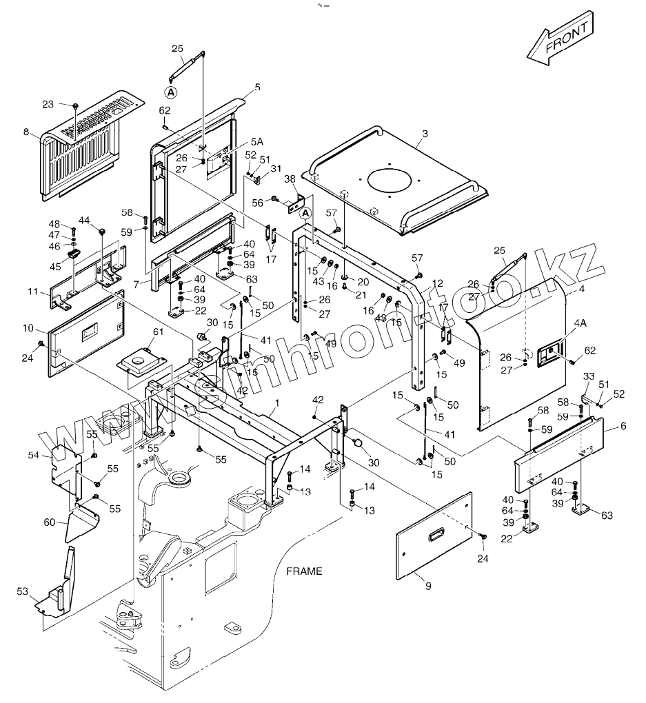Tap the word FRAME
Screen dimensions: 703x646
(x=304, y=571)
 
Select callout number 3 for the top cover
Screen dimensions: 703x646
(x=425, y=132)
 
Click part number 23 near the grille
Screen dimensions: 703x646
(x=48, y=104)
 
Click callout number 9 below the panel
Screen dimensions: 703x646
(x=427, y=586)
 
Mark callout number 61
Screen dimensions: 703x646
(x=159, y=333)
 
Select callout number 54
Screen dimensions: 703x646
(x=33, y=456)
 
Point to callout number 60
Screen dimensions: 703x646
(x=49, y=522)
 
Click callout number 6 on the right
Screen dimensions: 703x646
(x=623, y=426)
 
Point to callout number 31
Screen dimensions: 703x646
(x=276, y=169)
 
